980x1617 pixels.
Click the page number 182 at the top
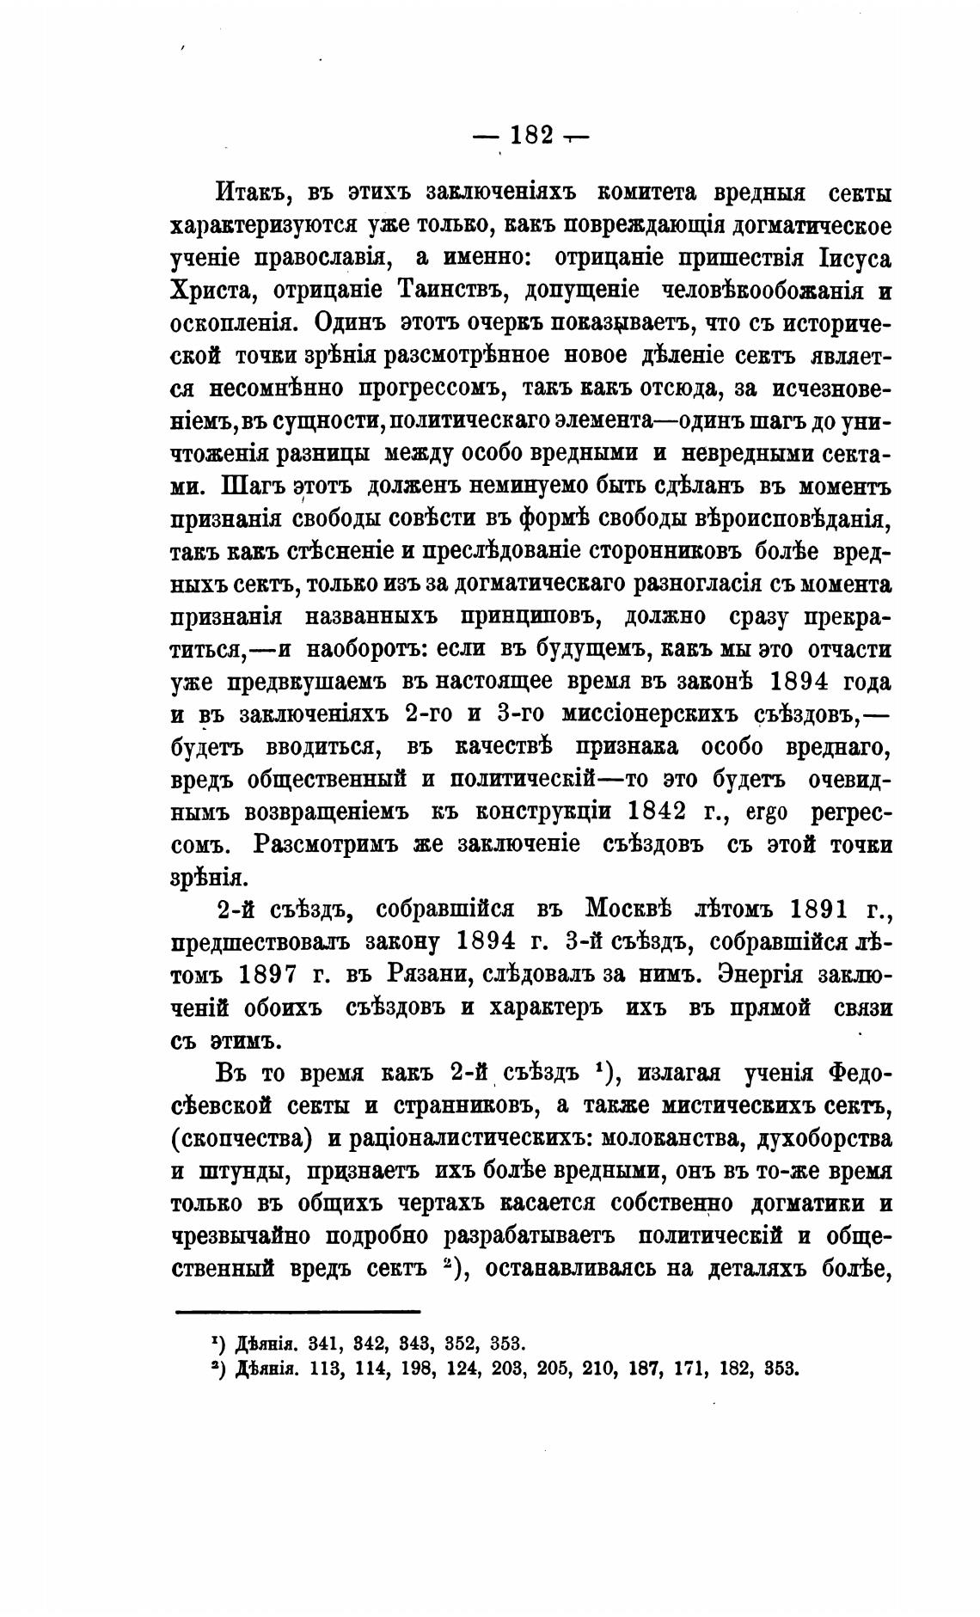(530, 136)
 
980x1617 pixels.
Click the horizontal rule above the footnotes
(297, 1311)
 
